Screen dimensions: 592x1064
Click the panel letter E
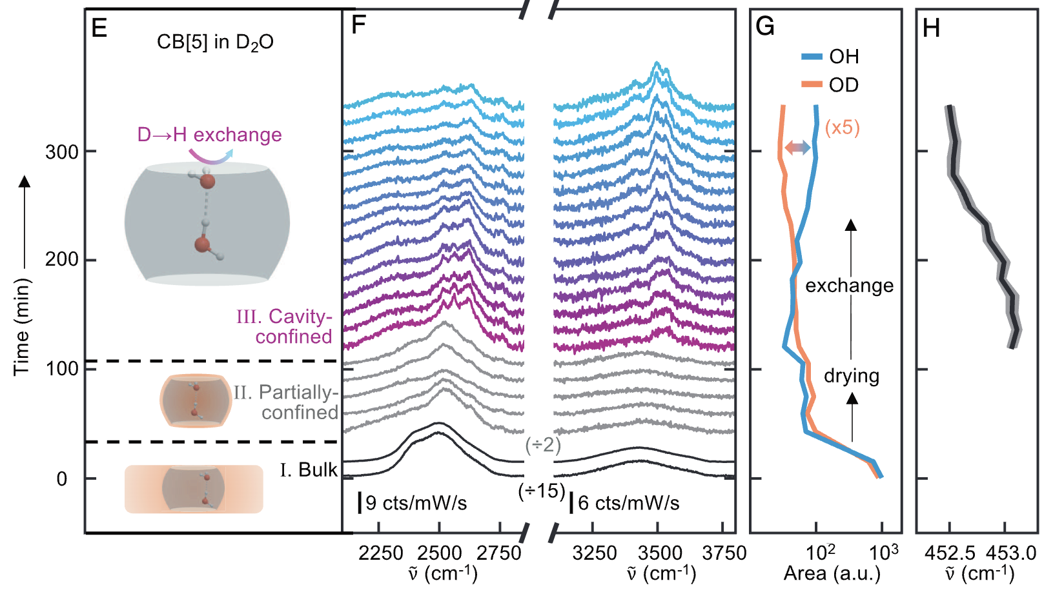click(99, 28)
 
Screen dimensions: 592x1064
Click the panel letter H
click(931, 28)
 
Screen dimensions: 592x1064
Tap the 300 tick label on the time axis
click(62, 152)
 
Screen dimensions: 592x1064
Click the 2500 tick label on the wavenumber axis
click(439, 553)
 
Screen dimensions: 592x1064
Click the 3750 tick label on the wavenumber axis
click(724, 553)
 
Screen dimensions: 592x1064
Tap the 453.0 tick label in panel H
click(1011, 553)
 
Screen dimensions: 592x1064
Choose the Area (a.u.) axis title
click(832, 573)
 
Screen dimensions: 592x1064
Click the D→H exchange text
click(209, 135)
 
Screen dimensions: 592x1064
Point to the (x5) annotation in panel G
click(842, 127)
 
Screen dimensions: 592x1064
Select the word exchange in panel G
click(849, 285)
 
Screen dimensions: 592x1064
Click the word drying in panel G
click(851, 375)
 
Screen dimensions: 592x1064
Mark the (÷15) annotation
click(542, 491)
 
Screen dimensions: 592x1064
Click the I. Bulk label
click(309, 469)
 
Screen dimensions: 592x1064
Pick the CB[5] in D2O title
click(215, 43)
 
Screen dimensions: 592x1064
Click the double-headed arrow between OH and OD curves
click(797, 148)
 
